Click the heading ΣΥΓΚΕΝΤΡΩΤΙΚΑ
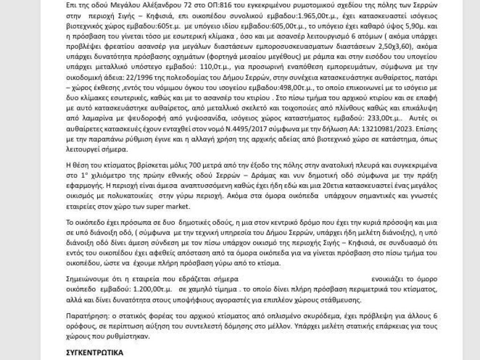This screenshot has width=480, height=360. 93,352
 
